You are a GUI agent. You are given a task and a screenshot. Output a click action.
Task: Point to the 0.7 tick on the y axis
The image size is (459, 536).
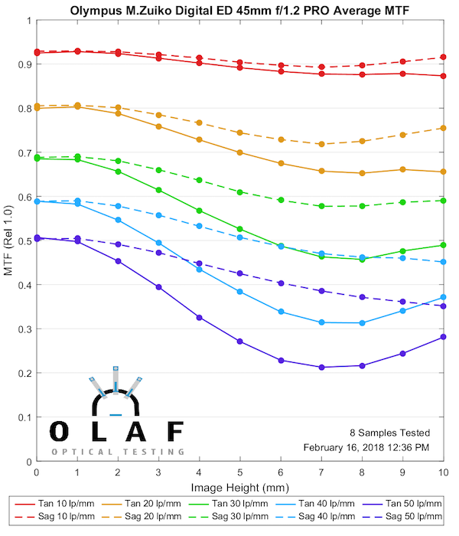[x=24, y=153]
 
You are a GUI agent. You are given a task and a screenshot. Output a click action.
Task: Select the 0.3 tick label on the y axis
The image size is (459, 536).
[x=24, y=329]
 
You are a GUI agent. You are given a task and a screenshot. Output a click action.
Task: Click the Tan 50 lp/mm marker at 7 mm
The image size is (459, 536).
[x=321, y=368]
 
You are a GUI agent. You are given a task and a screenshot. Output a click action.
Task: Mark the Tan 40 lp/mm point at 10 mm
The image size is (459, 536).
[x=444, y=297]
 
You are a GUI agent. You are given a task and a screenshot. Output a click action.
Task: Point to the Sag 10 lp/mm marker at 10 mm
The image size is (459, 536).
[x=444, y=57]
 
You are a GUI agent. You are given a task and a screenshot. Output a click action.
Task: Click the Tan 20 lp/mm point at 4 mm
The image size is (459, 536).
[x=200, y=139]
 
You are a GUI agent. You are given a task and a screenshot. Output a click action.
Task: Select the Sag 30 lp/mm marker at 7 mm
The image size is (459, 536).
[x=321, y=206]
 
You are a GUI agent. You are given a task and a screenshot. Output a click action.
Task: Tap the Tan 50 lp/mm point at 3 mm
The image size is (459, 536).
[x=159, y=286]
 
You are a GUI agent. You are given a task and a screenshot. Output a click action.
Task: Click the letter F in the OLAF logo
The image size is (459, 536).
[x=175, y=430]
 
